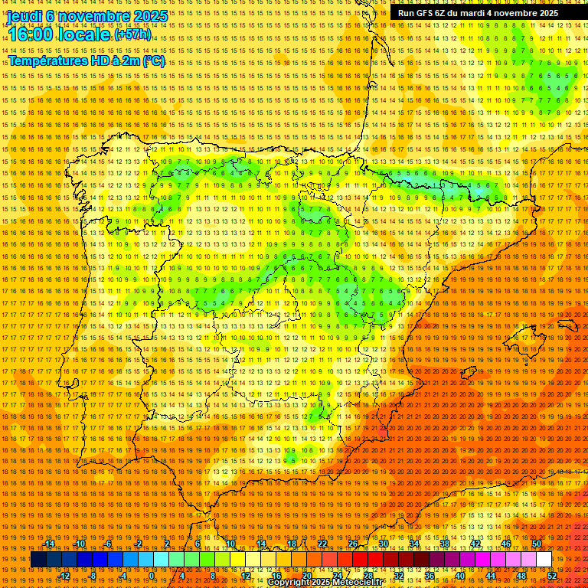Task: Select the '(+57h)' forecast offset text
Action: [x=132, y=35]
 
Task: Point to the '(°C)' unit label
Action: [x=152, y=60]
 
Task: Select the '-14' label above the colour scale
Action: [x=49, y=544]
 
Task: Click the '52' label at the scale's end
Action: [x=552, y=576]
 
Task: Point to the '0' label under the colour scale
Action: [x=152, y=576]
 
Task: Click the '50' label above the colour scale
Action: [x=537, y=544]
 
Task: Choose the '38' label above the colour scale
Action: [x=444, y=544]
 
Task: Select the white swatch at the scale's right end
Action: [x=544, y=560]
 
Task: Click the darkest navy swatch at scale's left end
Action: [x=38, y=560]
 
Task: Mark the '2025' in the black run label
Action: [x=547, y=13]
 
